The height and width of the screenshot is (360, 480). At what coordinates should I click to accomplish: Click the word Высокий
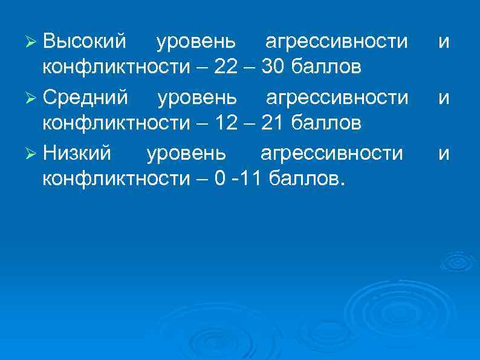coord(85,42)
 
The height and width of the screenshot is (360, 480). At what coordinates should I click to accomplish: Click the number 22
coord(226,67)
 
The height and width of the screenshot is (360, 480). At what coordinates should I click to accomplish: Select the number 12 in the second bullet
coord(226,123)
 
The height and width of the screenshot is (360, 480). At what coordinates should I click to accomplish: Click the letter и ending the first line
coord(444,43)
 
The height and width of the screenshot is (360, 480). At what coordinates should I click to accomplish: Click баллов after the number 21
coord(326,123)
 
